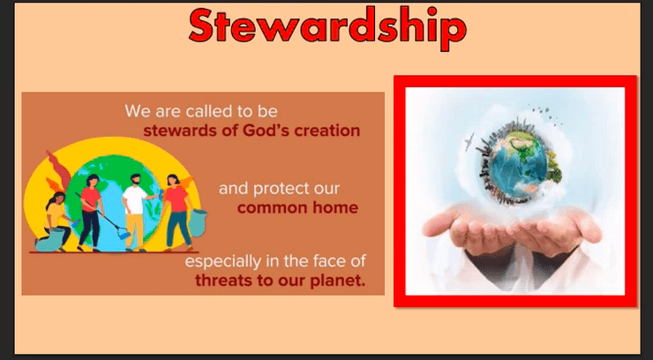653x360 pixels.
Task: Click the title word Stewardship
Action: point(327,26)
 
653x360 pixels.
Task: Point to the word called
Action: point(210,111)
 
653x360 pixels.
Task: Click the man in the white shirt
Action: point(135,213)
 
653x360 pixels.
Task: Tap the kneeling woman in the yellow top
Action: point(56,221)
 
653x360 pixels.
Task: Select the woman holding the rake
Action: point(90,213)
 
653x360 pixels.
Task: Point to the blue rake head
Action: point(124,234)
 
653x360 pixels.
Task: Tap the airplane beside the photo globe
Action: point(469,140)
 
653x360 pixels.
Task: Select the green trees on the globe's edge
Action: point(554,168)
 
